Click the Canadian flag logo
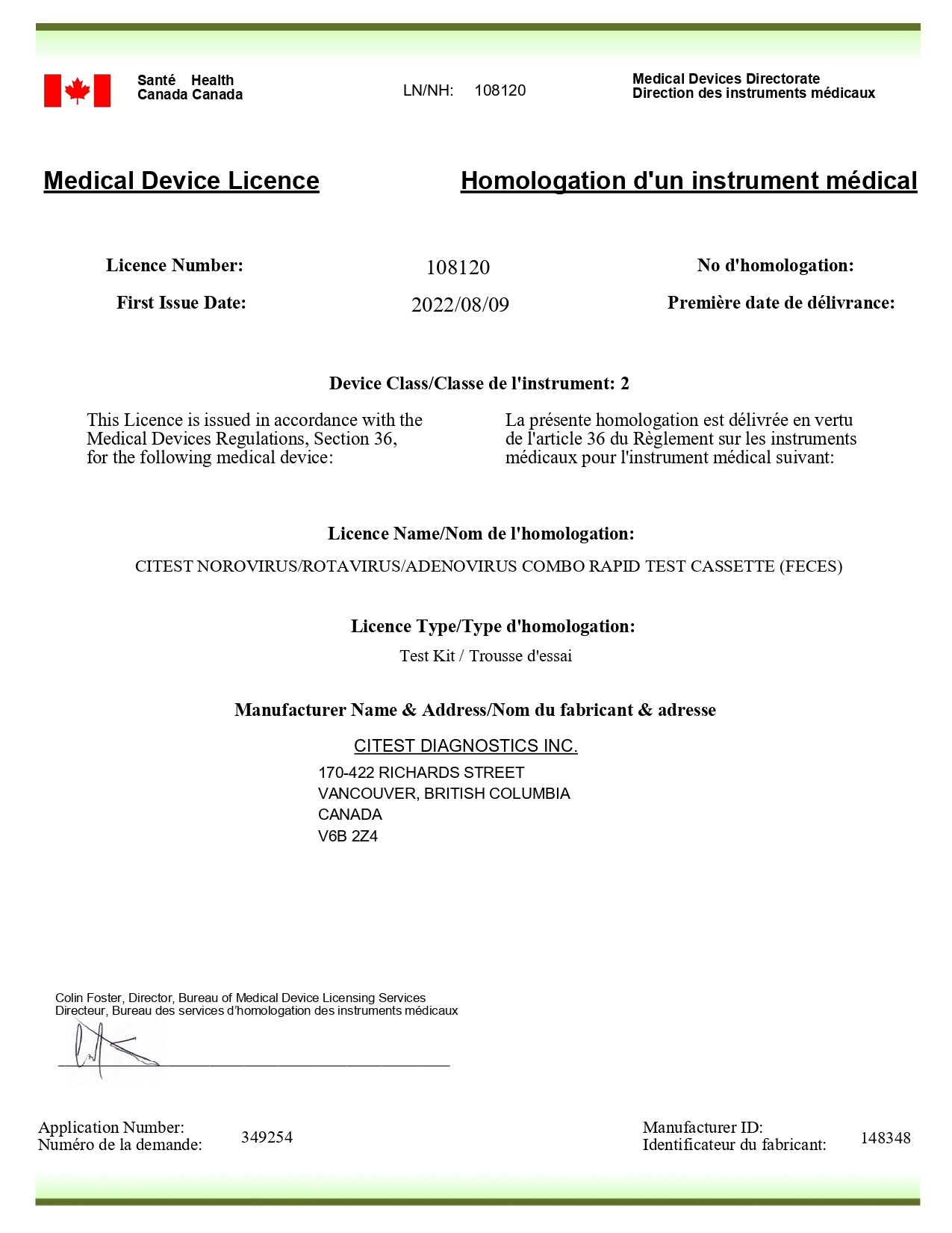pos(77,90)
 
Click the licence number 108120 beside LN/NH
pos(500,90)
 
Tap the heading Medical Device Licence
pos(181,181)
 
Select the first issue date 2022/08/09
pos(460,305)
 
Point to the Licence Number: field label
pos(175,265)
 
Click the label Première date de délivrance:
pos(780,303)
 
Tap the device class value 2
pos(624,384)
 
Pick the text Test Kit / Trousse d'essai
pos(485,656)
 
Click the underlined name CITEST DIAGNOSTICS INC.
pos(465,746)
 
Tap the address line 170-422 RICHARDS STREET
pos(421,773)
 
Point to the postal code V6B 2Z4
pos(348,836)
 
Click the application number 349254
pos(267,1137)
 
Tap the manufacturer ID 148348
pos(885,1138)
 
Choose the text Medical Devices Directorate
pos(726,78)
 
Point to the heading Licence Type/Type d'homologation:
pos(493,626)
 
